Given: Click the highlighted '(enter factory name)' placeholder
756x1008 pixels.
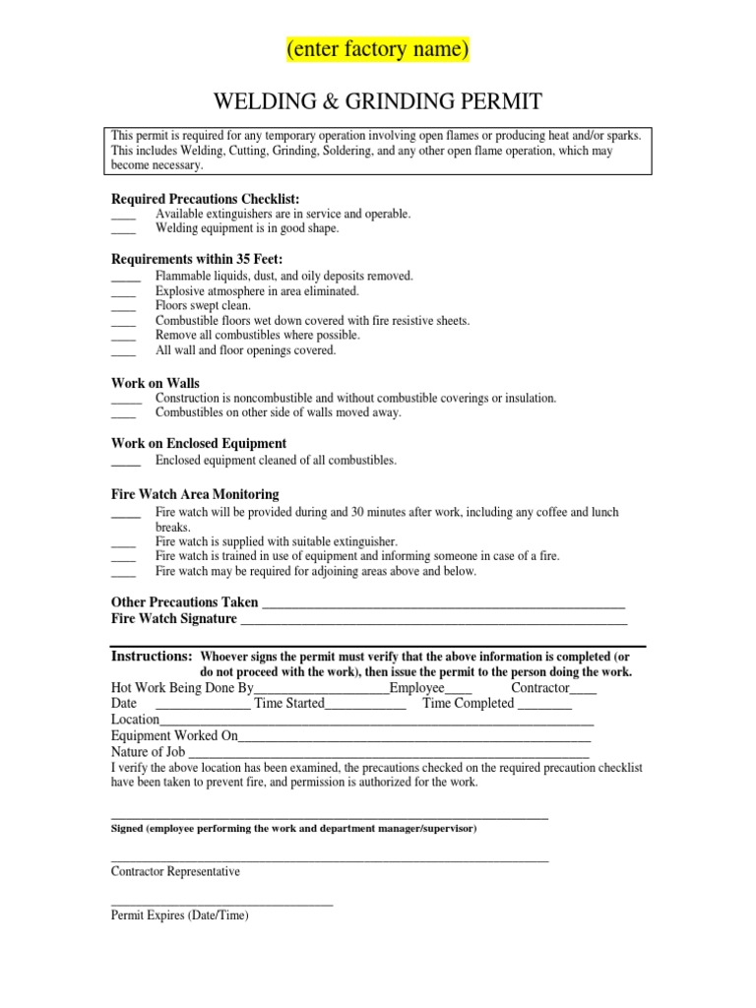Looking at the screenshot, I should pos(377,48).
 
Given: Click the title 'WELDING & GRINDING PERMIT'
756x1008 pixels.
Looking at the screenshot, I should pos(377,101).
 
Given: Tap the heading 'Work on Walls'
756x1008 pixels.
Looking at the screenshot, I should pos(156,382).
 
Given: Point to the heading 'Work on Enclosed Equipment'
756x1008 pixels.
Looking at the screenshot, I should pos(199,443).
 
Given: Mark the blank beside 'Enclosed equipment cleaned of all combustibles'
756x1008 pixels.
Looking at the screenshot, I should pos(126,462).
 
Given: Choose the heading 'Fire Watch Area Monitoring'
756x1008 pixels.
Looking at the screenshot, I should pos(195,493).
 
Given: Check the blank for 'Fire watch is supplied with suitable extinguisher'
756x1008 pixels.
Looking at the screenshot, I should pos(123,543).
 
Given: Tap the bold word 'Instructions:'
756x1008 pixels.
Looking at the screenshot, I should pos(152,656).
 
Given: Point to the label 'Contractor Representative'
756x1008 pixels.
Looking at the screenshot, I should pos(175,871).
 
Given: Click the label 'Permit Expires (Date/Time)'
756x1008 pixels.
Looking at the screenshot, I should pos(180,914).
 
